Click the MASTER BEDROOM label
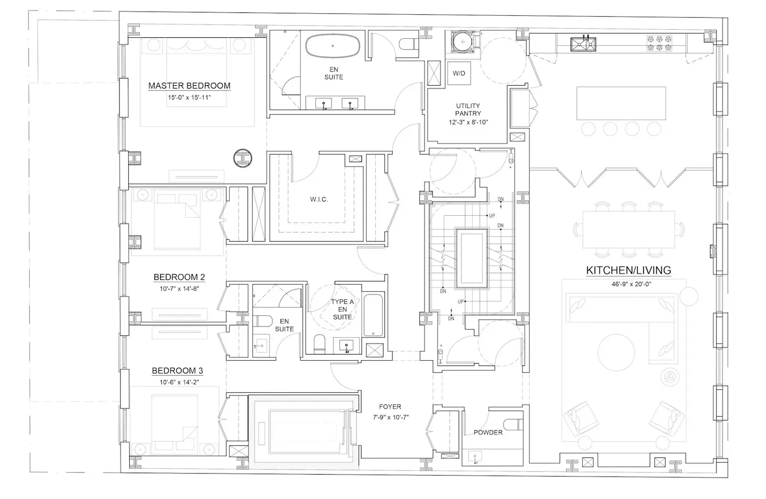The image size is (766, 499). (189, 86)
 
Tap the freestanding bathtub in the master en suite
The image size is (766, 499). (333, 45)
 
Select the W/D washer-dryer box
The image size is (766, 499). (459, 73)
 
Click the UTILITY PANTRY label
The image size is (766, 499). (468, 109)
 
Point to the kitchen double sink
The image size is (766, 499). (583, 44)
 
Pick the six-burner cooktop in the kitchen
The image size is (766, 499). (659, 43)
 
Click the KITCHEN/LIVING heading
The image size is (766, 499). (629, 270)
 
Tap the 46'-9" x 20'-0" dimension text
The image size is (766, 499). (631, 284)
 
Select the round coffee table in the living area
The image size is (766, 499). (616, 353)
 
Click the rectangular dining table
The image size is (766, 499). (629, 230)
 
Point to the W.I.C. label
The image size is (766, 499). (319, 199)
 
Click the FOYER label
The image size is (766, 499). (390, 407)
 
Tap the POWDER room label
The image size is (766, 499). (488, 432)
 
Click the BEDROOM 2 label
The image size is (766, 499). (179, 277)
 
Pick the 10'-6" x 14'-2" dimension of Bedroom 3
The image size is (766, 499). (179, 382)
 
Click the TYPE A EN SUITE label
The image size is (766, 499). (342, 309)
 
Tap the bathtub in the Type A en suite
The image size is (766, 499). (373, 315)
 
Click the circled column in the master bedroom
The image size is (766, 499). (243, 158)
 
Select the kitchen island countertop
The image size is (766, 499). (621, 103)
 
